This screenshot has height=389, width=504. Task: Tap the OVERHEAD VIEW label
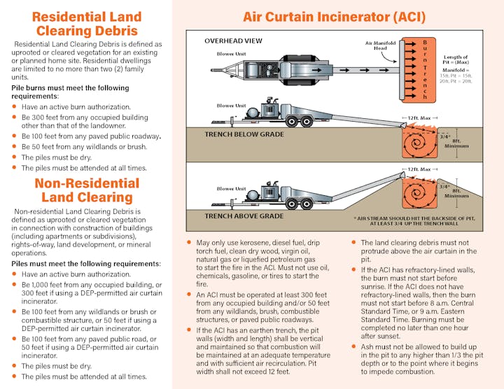(233, 41)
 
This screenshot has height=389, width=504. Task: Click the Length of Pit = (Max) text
(461, 61)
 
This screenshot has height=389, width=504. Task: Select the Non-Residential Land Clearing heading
(87, 190)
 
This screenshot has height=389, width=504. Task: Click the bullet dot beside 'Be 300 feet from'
(15, 116)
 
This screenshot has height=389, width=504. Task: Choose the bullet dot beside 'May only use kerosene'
(189, 243)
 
